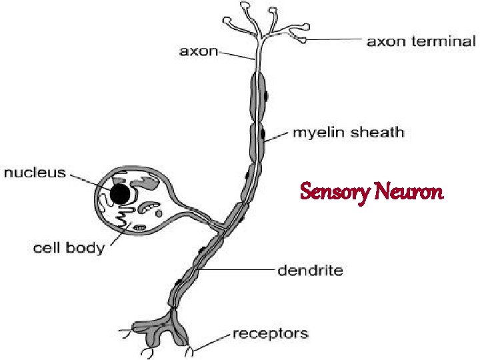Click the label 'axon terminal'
click(x=421, y=41)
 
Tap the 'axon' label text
click(x=199, y=51)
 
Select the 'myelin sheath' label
click(x=349, y=132)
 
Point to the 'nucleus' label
click(x=35, y=173)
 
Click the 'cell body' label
click(x=69, y=249)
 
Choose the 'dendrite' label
click(x=311, y=270)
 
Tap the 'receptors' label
click(x=270, y=333)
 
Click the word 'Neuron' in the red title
click(x=408, y=193)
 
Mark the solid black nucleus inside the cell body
click(x=120, y=194)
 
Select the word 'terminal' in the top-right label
click(x=447, y=41)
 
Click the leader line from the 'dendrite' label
click(x=240, y=270)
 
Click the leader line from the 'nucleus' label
click(x=90, y=181)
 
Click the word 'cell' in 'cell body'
click(x=47, y=249)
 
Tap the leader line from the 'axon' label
click(x=237, y=55)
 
